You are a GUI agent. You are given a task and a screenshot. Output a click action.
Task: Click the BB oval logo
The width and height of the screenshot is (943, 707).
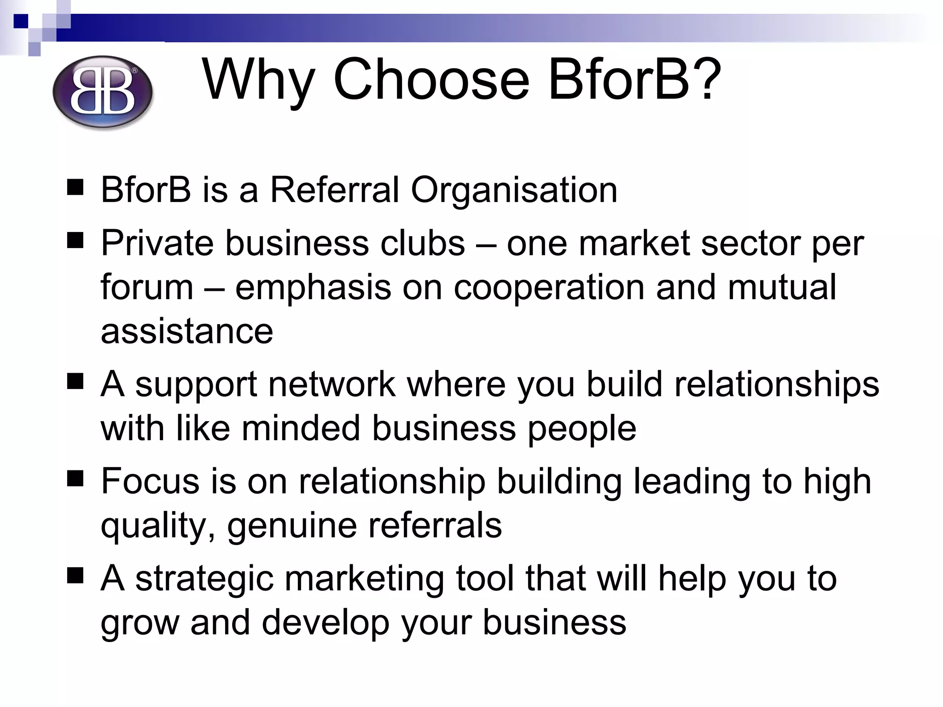coord(102,92)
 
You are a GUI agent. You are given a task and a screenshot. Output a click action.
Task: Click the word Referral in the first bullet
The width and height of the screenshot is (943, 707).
coord(334,190)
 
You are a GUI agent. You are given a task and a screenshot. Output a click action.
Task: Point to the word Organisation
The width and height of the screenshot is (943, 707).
coord(514,190)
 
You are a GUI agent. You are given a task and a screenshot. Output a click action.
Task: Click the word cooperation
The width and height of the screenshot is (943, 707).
coord(549,287)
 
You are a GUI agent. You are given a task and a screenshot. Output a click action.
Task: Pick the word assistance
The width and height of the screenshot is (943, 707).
coord(187,331)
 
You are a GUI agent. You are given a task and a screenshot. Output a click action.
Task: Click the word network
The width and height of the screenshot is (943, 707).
coord(332,384)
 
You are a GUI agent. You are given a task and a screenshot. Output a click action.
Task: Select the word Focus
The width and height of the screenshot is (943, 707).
coord(150,481)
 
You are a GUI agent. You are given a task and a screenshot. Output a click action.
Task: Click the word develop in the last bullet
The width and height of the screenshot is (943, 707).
coord(326,623)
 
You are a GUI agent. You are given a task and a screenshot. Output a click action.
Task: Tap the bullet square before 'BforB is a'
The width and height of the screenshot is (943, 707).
coord(75,188)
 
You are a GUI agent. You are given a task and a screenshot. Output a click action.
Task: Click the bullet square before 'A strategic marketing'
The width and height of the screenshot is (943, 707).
coord(75,576)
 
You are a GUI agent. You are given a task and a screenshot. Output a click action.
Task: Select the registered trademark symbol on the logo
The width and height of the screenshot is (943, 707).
coord(134,70)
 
